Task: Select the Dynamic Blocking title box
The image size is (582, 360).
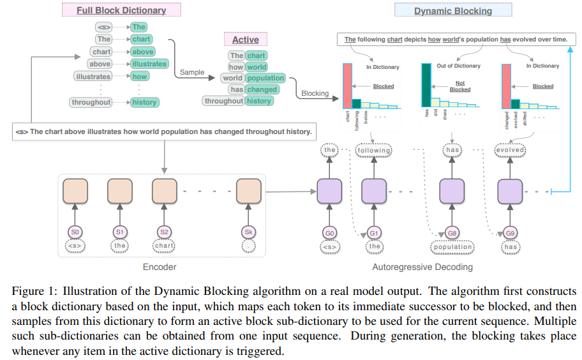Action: [x=452, y=10]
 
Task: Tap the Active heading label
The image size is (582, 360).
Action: [x=245, y=40]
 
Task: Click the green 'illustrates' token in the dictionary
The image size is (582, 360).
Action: [x=149, y=64]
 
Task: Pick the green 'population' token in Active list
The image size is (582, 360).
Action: [x=265, y=79]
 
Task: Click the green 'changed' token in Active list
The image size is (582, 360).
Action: [x=262, y=90]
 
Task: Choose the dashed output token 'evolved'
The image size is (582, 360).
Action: [x=511, y=150]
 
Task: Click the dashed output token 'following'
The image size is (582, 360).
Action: [x=374, y=150]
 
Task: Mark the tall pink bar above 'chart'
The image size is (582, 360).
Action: [x=347, y=86]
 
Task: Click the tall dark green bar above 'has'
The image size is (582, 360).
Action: [x=426, y=86]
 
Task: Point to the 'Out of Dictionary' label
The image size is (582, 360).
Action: [x=458, y=66]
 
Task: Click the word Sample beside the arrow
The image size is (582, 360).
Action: [x=191, y=72]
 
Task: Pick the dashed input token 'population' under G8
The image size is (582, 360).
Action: [x=452, y=246]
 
